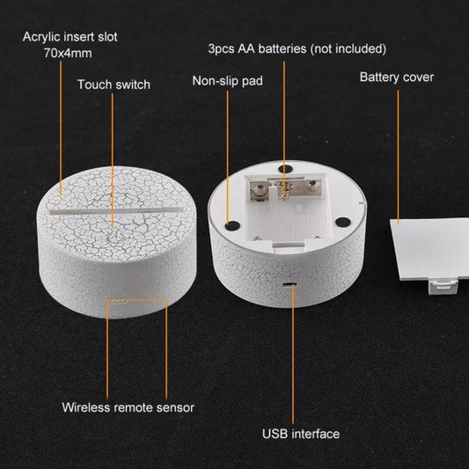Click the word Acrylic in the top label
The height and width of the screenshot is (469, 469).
41,37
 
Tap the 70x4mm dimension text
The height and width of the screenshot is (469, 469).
68,54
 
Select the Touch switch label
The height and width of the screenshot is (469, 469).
114,84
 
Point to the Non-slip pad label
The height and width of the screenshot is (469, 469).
227,81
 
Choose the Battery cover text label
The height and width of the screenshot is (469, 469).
397,77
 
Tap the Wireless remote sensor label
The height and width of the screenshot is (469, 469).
128,407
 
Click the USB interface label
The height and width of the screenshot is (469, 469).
301,434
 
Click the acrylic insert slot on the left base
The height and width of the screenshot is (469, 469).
116,210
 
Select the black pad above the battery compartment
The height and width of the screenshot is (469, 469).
285,169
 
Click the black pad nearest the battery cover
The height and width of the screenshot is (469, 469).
343,222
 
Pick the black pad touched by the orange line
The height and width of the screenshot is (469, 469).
232,226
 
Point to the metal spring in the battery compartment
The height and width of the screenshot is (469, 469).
285,190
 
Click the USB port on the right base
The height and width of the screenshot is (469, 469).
289,284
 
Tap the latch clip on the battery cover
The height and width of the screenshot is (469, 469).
443,287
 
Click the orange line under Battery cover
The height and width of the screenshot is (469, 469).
398,157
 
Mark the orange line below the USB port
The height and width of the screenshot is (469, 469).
293,354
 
